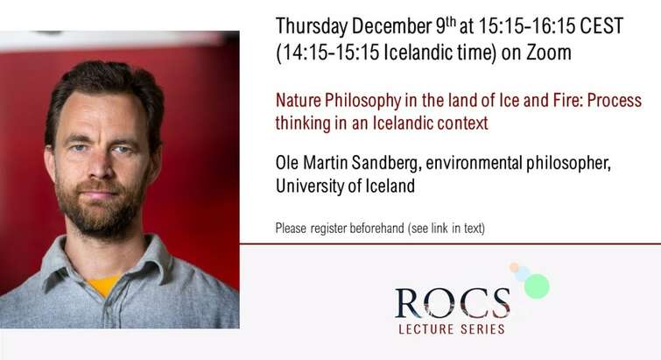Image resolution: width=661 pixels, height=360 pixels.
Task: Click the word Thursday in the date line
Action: (x=312, y=27)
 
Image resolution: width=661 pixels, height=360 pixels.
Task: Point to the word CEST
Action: (x=601, y=26)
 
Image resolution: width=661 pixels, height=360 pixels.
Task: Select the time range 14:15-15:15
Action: (x=331, y=53)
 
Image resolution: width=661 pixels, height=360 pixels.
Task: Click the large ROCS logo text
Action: (x=453, y=303)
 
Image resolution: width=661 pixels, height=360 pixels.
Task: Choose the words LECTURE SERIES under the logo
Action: (x=452, y=328)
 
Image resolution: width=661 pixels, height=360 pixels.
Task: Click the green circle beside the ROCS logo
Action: (x=537, y=286)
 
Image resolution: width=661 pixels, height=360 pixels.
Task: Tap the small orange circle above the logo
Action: (x=514, y=267)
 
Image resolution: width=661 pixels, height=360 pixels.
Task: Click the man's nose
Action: (x=99, y=166)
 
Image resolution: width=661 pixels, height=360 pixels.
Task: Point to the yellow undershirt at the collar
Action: (x=103, y=286)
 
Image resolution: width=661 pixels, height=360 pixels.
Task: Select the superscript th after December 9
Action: (x=451, y=21)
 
